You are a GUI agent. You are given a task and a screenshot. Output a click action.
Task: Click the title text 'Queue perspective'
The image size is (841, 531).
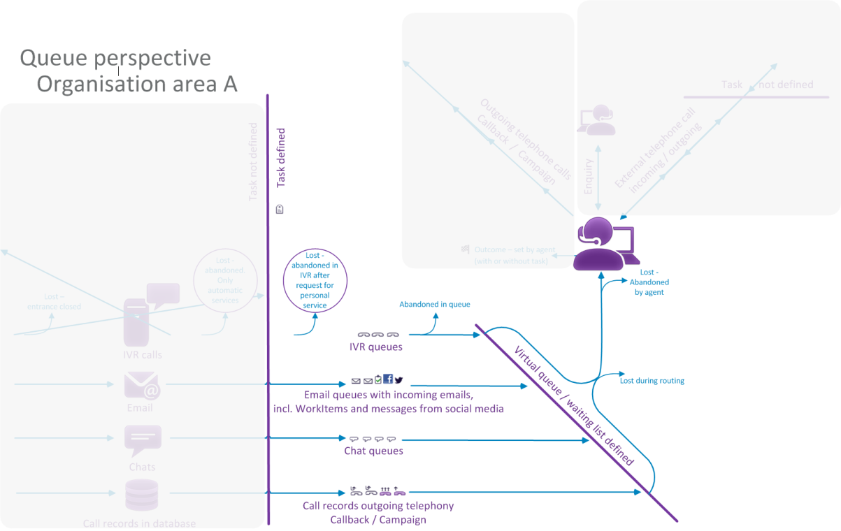click(115, 57)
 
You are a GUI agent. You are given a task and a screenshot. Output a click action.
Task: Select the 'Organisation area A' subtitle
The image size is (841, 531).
click(137, 84)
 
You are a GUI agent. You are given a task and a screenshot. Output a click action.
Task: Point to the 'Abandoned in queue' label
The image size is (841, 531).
click(434, 305)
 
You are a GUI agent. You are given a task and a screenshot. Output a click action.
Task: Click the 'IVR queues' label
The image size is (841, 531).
click(376, 347)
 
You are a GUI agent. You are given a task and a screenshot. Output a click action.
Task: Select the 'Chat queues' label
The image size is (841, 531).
click(373, 451)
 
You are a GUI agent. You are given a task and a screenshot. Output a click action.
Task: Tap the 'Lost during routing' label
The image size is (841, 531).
click(652, 381)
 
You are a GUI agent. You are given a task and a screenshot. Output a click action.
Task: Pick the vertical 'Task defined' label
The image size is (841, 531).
click(281, 157)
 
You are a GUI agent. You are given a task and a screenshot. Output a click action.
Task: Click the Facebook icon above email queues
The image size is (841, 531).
click(388, 379)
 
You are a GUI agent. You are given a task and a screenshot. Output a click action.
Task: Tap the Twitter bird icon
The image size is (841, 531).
click(398, 380)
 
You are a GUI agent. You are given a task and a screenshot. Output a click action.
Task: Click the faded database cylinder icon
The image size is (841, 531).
click(142, 495)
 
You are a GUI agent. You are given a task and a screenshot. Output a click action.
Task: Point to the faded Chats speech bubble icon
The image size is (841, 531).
click(143, 441)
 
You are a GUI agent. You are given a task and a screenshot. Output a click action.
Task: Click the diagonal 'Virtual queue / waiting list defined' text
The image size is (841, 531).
click(573, 406)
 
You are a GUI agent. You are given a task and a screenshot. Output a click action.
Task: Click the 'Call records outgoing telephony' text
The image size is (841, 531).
click(378, 506)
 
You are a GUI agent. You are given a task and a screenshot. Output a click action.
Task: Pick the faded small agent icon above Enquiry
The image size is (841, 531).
click(596, 120)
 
